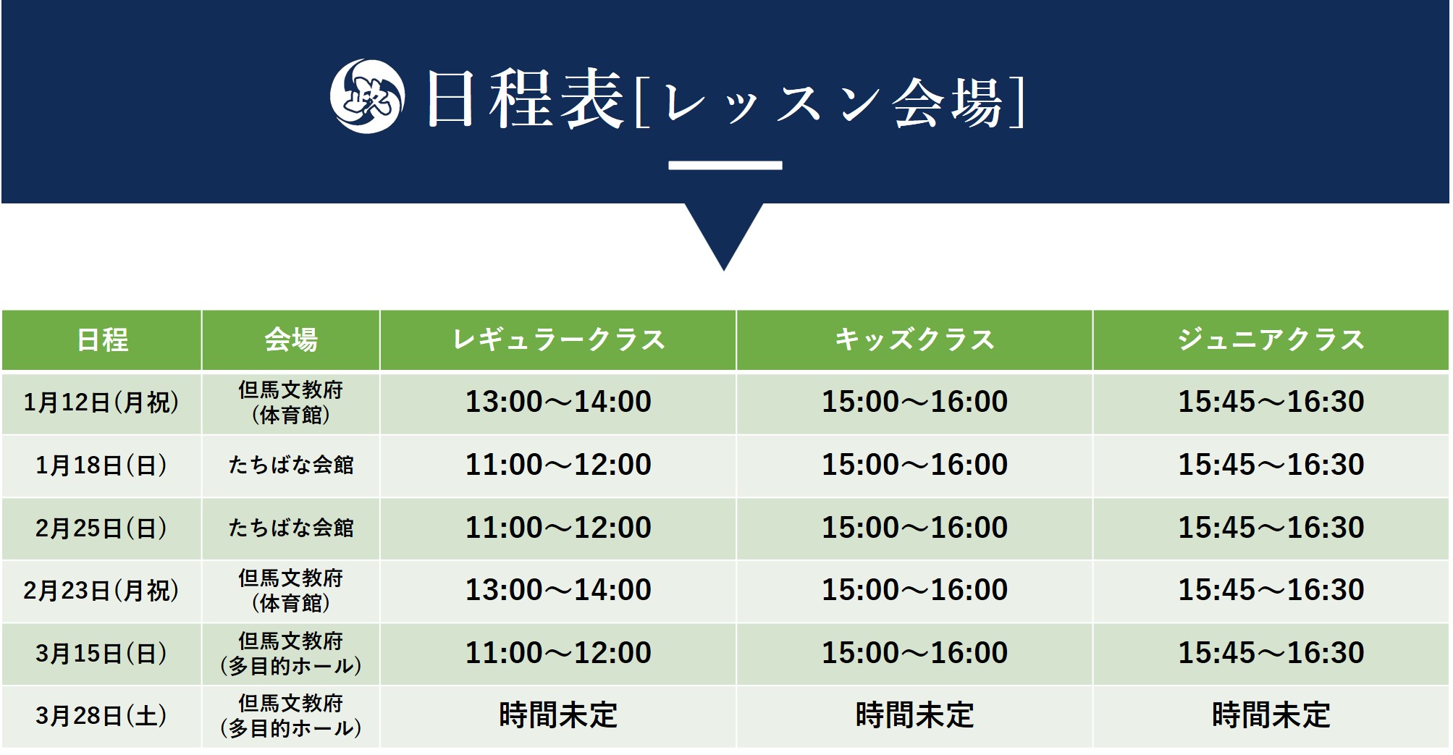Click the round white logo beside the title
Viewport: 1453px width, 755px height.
(367, 96)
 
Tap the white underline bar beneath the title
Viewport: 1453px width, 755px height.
(725, 165)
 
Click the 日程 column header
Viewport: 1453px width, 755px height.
(102, 340)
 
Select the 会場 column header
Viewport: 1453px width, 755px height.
(291, 340)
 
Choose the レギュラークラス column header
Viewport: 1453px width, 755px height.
(558, 340)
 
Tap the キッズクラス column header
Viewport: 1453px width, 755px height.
(914, 340)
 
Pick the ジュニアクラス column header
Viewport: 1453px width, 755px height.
(1271, 340)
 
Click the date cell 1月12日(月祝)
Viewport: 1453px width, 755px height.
(101, 402)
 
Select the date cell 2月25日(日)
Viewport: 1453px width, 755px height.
(101, 528)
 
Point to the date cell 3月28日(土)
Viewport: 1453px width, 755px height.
(101, 716)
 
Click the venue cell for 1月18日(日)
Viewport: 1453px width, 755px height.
(291, 465)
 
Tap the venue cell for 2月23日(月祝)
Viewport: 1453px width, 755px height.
(291, 591)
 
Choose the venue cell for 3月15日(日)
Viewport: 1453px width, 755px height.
(291, 654)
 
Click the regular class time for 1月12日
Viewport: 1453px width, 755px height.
(558, 402)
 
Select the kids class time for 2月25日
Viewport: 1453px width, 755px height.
(914, 528)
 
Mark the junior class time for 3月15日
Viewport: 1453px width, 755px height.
(1271, 653)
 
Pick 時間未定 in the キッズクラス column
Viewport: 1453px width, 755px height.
(914, 716)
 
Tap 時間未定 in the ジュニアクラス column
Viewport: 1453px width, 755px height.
(1271, 716)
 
